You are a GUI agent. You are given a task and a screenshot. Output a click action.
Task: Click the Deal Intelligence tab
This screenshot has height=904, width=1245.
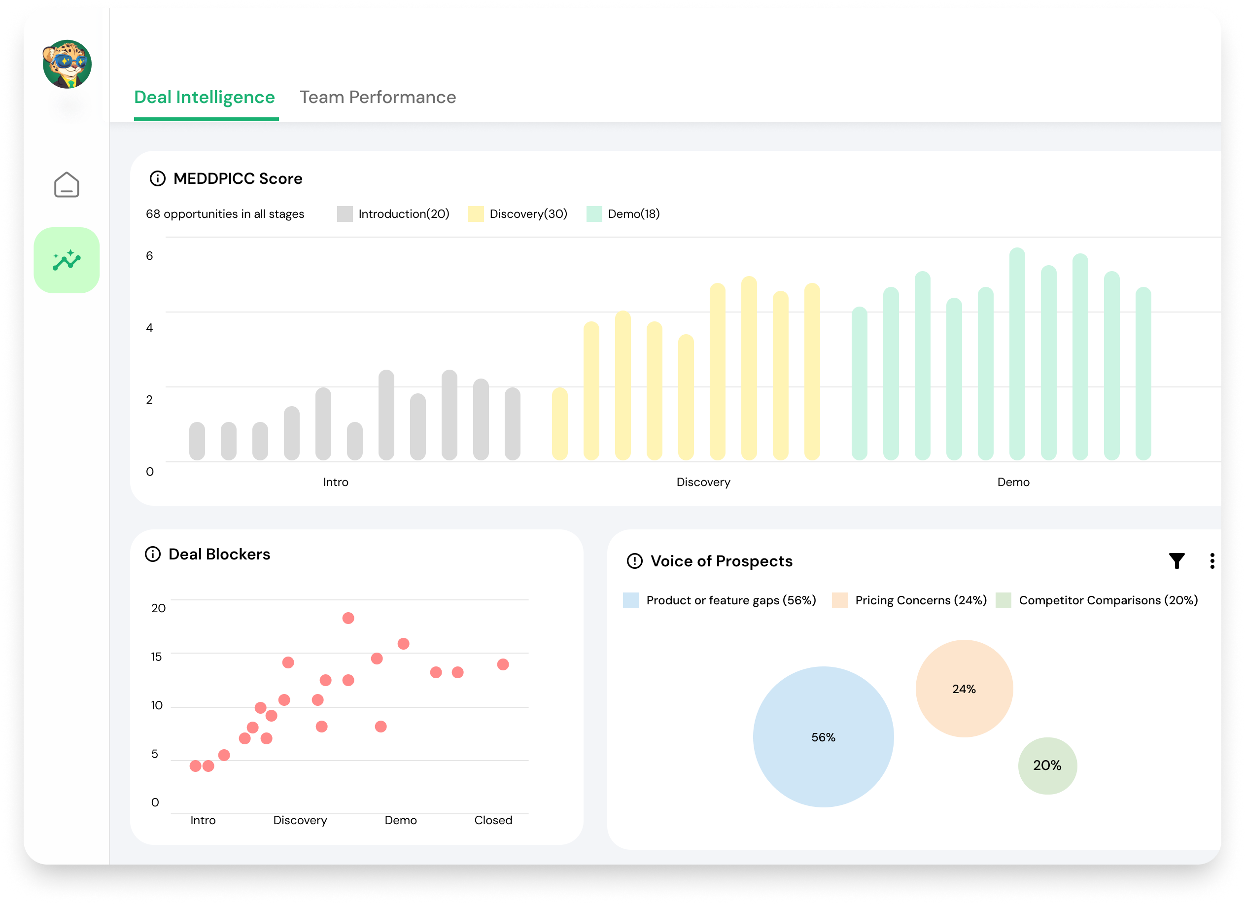[204, 97]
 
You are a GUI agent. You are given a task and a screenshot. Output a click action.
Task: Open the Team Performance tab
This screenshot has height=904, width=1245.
[378, 97]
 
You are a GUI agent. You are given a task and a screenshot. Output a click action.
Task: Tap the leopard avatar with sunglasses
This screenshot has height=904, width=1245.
[67, 65]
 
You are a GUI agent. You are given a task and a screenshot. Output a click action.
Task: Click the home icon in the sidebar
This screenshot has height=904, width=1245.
[67, 185]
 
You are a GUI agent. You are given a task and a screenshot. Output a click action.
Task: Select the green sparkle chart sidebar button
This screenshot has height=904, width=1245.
[67, 260]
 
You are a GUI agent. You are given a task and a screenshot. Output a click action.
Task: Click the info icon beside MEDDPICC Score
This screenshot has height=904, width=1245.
[158, 179]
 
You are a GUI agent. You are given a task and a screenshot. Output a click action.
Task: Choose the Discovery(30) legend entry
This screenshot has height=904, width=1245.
[518, 214]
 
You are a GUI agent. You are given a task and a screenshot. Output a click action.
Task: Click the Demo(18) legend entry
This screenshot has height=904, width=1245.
[623, 214]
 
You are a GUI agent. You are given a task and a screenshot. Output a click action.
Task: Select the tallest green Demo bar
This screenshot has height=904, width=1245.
[1017, 354]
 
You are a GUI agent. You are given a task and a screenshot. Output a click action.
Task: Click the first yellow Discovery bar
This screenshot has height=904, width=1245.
[559, 424]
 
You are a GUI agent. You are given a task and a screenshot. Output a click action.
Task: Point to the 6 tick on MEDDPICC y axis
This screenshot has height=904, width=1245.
[149, 256]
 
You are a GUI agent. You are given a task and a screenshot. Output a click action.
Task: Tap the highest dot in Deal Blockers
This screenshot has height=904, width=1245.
[348, 618]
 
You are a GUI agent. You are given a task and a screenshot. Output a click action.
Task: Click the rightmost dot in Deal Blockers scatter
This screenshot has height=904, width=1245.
[503, 664]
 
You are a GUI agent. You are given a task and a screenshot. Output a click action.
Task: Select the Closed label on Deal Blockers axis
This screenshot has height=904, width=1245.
[493, 820]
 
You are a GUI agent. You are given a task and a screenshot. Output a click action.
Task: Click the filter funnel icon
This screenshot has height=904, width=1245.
[1176, 561]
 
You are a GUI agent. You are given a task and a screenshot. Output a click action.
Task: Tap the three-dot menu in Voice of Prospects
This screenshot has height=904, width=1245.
[1212, 561]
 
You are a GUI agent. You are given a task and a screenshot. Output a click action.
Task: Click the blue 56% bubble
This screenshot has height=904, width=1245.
[823, 737]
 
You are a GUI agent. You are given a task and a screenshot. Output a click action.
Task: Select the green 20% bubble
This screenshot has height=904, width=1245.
[1047, 765]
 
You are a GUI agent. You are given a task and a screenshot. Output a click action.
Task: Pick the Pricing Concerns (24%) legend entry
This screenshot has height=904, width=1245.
[909, 600]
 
